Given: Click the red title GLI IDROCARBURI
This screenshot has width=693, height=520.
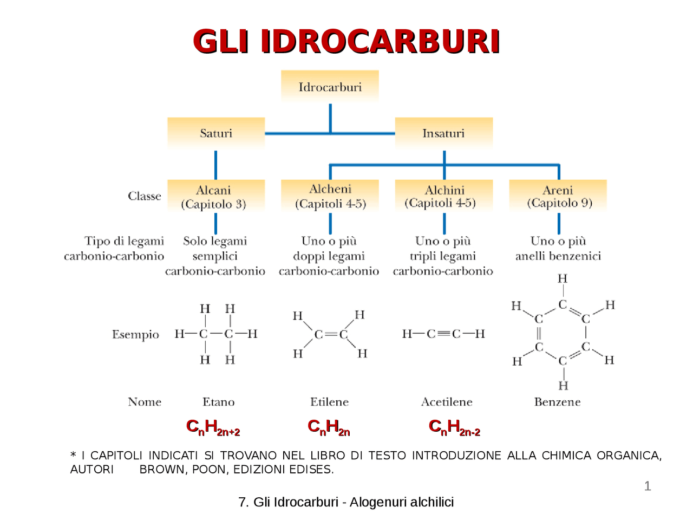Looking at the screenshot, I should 346,42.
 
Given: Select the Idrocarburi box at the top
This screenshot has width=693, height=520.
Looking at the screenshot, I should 330,87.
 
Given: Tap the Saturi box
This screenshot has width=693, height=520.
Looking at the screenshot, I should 216,133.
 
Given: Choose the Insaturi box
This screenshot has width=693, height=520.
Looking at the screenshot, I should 443,133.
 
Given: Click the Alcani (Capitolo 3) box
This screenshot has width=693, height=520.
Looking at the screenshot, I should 216,197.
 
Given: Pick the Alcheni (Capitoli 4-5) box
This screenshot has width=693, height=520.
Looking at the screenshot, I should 330,196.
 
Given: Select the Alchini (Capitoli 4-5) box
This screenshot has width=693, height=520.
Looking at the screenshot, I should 444,196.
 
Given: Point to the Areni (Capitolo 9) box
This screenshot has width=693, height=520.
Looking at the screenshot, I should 558,196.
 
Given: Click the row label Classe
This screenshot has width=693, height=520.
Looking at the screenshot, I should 145,196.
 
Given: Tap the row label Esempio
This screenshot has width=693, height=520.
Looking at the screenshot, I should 135,335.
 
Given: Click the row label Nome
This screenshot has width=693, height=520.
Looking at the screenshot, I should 145,402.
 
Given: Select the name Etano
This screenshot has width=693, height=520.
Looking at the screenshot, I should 218,402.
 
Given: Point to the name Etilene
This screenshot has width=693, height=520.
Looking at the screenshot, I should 329,402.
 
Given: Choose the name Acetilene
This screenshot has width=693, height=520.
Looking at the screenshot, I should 447,402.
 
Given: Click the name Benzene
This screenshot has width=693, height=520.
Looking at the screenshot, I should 557,402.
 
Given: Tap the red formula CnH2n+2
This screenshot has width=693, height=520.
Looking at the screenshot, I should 213,427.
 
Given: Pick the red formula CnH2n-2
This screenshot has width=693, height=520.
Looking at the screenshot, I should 454,427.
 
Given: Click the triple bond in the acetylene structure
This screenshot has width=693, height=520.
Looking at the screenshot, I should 443,334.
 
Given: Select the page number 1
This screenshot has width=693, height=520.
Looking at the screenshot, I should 648,486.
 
